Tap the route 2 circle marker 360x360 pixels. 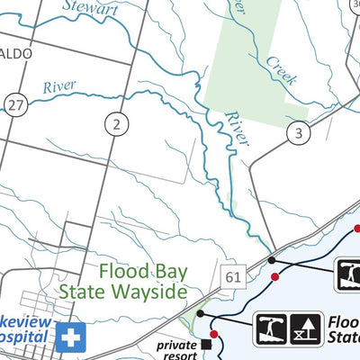116,122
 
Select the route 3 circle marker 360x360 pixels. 299,134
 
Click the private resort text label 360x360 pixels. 175,348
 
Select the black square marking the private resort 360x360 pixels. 206,344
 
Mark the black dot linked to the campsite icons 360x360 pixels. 201,314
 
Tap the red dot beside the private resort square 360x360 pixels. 214,336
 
